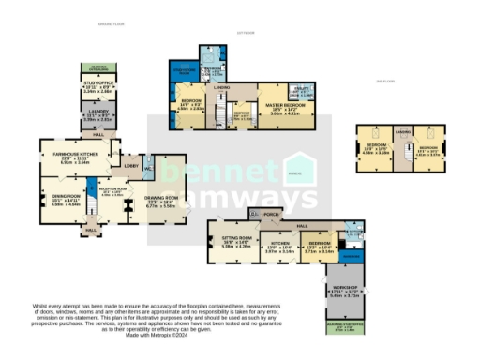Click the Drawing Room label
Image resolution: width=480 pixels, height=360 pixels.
tap(160, 199)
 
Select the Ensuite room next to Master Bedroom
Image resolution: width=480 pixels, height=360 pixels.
tap(307, 92)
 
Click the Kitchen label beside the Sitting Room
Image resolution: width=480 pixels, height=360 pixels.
tap(277, 245)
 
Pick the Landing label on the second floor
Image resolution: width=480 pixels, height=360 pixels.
tap(404, 134)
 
